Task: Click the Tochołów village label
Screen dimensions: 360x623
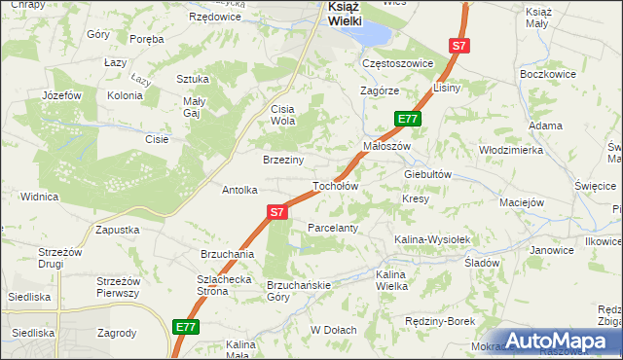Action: (336, 186)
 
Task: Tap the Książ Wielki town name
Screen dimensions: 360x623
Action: (331, 13)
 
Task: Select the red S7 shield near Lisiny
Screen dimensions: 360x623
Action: (459, 46)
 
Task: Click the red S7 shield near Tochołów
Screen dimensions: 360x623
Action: (277, 211)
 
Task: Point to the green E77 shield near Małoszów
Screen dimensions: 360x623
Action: (408, 119)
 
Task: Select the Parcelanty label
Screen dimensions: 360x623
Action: (334, 228)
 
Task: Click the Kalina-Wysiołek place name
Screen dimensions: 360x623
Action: (432, 239)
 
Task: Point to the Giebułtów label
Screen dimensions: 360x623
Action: (429, 174)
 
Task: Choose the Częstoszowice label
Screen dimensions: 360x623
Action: (396, 62)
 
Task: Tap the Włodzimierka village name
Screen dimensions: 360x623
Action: (510, 151)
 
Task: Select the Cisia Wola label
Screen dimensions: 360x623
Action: (282, 115)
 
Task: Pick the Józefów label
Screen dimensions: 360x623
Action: (61, 95)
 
